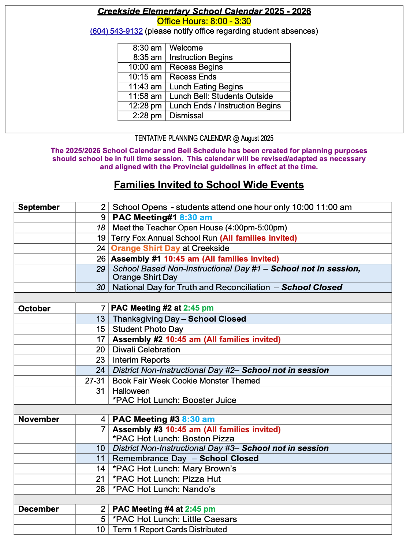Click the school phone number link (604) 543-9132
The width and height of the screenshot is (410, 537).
click(116, 31)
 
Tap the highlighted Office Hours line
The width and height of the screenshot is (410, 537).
click(204, 21)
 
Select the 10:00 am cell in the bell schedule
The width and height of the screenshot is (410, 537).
click(145, 67)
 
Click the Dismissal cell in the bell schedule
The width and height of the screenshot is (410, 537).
click(186, 116)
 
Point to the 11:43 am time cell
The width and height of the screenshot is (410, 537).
click(145, 87)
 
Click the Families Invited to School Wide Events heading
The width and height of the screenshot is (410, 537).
click(209, 185)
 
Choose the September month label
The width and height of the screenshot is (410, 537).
click(39, 207)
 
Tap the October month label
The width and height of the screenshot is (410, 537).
click(34, 309)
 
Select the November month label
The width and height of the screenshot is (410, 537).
click(38, 419)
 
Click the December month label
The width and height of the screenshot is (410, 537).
click(38, 509)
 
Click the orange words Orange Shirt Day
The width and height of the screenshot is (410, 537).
click(145, 248)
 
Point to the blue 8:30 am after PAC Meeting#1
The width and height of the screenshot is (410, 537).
click(195, 218)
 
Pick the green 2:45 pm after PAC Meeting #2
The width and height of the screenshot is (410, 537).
click(198, 308)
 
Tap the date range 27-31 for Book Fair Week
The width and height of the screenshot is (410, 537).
click(95, 381)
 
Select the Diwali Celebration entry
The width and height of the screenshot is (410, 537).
click(146, 350)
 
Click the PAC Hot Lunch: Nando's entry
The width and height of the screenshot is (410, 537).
click(164, 489)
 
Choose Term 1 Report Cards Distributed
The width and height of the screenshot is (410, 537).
click(169, 530)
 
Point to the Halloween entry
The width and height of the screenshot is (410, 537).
click(131, 391)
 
